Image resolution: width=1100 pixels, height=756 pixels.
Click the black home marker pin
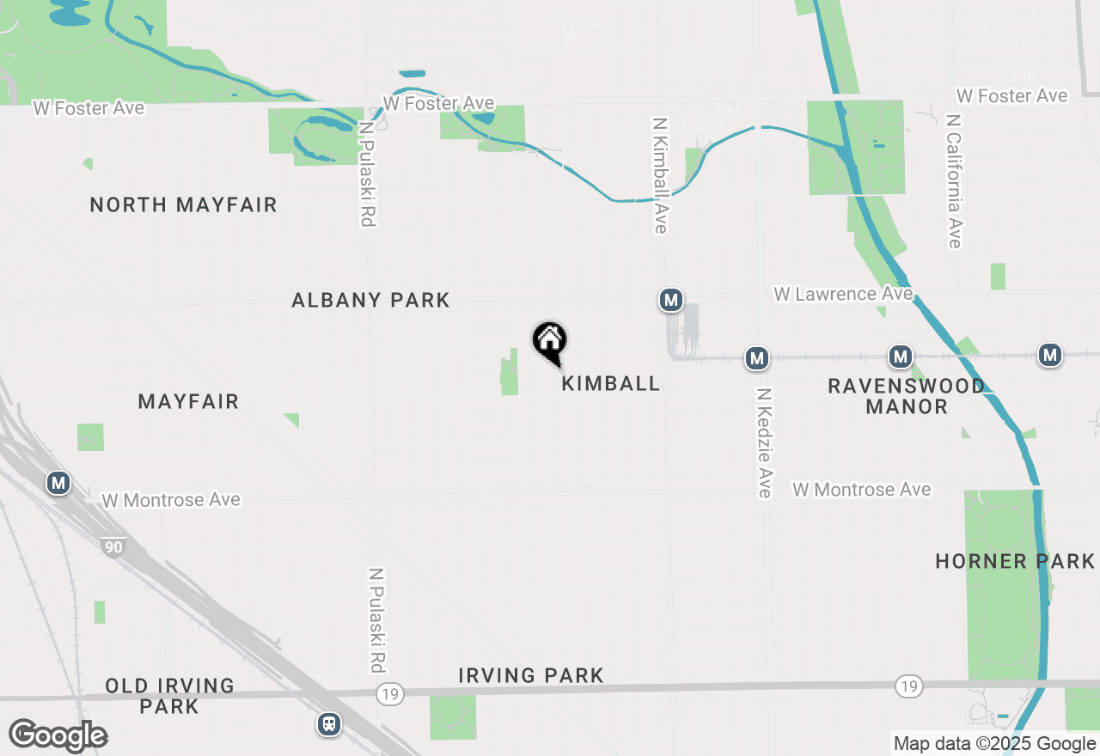click(550, 342)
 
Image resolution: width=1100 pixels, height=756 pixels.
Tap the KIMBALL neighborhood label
click(611, 383)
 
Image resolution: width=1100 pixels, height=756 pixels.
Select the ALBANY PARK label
click(370, 300)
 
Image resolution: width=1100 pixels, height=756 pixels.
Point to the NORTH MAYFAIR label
click(184, 204)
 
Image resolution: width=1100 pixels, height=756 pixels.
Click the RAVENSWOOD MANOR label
click(907, 396)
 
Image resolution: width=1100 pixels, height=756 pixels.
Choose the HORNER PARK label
click(1015, 562)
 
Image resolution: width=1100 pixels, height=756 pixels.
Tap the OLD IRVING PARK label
click(158, 696)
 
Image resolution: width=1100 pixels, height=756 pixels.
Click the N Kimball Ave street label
click(660, 175)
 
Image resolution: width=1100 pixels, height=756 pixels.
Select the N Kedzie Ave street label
click(764, 442)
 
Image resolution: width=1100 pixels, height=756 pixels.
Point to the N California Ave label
click(954, 180)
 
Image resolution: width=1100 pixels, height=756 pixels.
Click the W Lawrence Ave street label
click(843, 294)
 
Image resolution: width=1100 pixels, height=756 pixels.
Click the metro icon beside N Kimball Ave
click(671, 300)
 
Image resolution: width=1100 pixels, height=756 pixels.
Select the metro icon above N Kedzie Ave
click(757, 358)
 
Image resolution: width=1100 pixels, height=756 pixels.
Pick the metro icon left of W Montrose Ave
click(58, 483)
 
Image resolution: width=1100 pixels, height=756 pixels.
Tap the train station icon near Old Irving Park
click(329, 724)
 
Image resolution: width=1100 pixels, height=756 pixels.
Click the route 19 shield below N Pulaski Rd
click(390, 693)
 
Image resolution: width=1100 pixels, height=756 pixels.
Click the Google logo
click(58, 735)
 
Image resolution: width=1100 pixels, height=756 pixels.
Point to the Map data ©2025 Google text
click(993, 744)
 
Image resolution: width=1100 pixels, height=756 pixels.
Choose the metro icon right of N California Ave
click(1049, 354)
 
